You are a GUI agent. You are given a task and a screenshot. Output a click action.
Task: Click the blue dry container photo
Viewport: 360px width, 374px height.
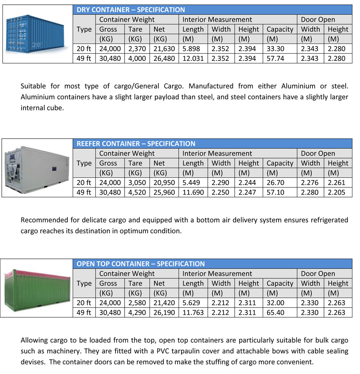[38, 33]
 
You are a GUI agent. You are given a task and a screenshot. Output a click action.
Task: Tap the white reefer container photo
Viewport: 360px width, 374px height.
[37, 168]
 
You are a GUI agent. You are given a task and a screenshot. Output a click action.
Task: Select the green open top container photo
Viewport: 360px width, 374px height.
[37, 288]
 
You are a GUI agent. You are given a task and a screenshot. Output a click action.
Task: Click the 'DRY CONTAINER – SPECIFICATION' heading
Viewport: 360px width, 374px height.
[131, 10]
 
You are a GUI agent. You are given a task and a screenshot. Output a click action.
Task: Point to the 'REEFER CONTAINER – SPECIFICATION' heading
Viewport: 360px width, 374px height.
[136, 144]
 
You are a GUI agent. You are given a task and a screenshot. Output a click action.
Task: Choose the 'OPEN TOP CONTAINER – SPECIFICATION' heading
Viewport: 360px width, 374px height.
[140, 264]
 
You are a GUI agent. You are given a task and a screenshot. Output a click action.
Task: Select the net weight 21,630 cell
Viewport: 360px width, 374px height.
[164, 49]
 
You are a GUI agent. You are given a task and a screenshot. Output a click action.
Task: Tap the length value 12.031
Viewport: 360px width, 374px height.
[193, 58]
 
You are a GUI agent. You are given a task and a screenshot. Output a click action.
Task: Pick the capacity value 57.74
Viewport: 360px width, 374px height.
[275, 58]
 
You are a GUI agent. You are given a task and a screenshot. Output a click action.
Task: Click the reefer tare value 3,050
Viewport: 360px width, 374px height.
[137, 183]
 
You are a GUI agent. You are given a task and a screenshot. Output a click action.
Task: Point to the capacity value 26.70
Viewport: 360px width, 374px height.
[275, 183]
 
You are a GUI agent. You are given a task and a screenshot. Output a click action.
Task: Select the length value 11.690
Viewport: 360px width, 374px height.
[193, 192]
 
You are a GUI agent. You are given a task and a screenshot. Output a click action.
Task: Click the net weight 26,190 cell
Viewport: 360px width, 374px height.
[164, 312]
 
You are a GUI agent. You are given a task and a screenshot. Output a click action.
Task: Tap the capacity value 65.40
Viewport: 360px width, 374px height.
[275, 312]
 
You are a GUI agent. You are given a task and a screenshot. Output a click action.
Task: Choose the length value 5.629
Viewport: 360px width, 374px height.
[191, 303]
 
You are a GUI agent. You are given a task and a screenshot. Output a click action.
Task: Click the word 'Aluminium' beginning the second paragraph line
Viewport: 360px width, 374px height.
[36, 97]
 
